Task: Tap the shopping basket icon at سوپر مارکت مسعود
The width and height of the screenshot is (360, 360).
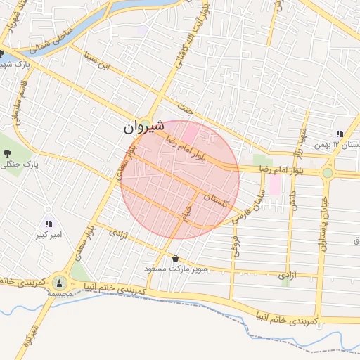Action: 175,258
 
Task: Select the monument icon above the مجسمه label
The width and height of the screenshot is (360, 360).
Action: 58,283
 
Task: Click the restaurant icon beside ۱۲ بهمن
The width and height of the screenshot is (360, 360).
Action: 340,134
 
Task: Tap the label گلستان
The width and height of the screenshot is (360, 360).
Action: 216,200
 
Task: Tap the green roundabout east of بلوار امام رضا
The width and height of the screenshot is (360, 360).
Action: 327,172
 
